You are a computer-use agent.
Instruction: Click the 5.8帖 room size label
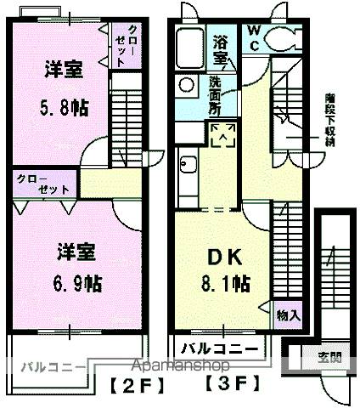tap(63, 109)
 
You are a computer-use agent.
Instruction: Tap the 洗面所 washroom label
tap(215, 96)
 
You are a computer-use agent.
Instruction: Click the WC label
tap(254, 36)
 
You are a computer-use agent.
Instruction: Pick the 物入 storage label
tap(288, 314)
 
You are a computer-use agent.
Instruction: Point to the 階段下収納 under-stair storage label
tap(330, 120)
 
